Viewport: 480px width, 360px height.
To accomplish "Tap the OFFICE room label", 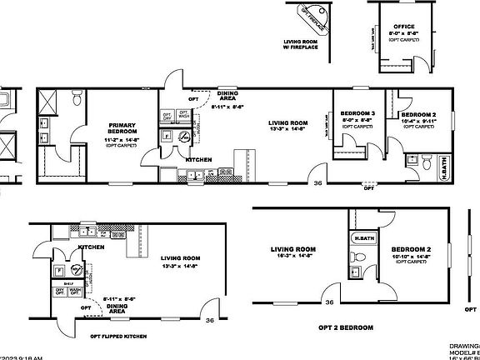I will click(x=403, y=27).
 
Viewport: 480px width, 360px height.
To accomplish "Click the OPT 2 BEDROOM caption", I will click(x=345, y=327).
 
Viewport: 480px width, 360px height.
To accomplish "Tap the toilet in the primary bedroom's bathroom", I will click(x=76, y=100).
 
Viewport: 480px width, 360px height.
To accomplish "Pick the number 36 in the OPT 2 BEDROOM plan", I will click(x=329, y=302).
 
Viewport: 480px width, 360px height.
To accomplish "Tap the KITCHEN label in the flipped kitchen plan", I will click(x=91, y=247).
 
